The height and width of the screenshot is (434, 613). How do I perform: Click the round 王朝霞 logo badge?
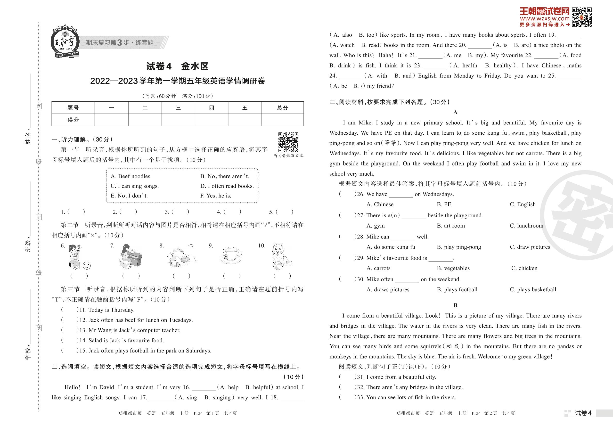pos(65,42)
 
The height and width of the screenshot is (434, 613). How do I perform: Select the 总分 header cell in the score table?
pos(282,108)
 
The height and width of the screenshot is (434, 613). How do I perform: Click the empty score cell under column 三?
pos(178,120)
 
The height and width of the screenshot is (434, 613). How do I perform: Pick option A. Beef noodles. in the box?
pos(131,176)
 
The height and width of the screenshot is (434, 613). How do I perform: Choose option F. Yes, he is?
pos(216,196)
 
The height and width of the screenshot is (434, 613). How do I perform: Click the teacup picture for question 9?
pos(231,255)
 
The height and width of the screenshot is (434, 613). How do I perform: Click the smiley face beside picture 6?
pos(87,265)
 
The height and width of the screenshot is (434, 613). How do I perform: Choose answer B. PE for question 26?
pos(444,205)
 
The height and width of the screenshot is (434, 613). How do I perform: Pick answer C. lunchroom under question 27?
pos(526,226)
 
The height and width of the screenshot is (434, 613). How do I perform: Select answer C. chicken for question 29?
pos(524,268)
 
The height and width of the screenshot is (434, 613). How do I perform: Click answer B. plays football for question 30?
pos(457,290)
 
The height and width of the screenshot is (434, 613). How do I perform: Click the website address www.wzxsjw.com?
pos(545,19)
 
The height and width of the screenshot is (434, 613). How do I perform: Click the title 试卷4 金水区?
pos(177,66)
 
